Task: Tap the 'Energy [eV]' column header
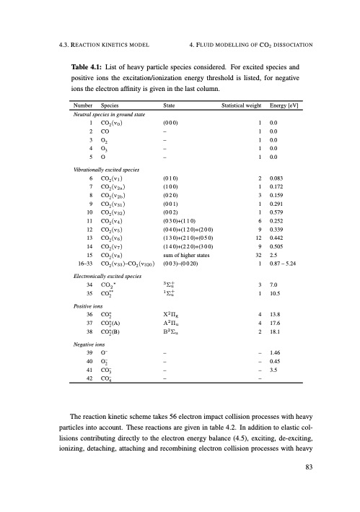pos(284,104)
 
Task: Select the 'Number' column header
pos(78,104)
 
